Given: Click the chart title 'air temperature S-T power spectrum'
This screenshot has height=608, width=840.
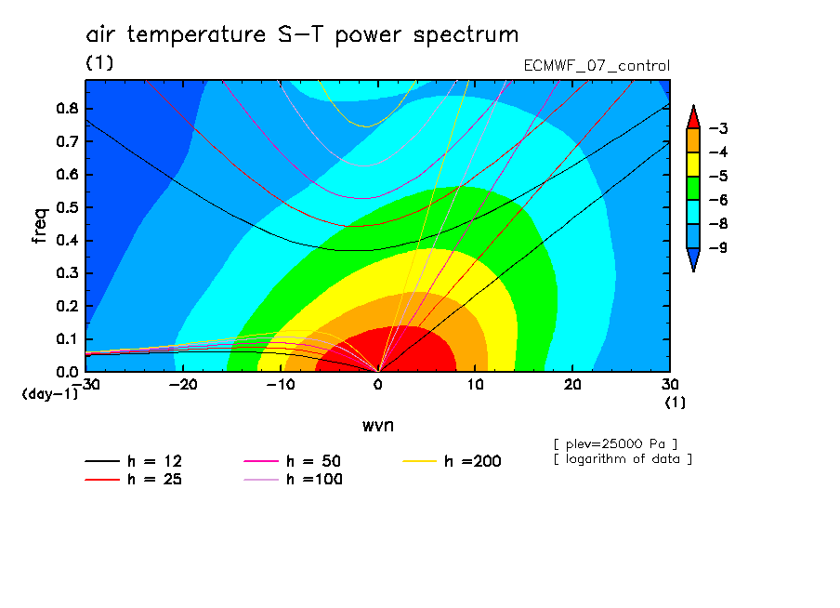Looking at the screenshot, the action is [302, 34].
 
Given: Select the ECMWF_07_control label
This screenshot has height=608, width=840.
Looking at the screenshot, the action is [597, 66].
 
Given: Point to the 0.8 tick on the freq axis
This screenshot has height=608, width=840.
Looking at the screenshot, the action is [68, 108].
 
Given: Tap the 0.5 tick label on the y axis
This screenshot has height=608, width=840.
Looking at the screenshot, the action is [68, 207].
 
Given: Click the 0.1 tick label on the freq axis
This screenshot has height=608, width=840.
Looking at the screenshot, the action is [68, 339].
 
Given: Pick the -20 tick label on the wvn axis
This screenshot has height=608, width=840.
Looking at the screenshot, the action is [183, 385].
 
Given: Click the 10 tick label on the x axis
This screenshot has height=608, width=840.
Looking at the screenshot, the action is [475, 385].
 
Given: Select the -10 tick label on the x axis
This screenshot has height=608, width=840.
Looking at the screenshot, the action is [281, 385].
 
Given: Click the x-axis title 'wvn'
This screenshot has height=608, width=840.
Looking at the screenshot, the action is [378, 426].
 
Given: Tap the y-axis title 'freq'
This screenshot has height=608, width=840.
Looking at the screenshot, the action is [40, 226].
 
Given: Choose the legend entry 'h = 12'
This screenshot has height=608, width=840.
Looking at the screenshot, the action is [134, 461].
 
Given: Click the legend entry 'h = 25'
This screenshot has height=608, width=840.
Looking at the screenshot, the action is [134, 480].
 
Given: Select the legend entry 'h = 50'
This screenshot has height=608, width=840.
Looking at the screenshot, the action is [293, 461].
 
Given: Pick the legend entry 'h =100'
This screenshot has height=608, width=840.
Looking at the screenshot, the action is [293, 480].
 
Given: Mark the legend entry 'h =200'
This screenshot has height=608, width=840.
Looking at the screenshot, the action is [453, 461].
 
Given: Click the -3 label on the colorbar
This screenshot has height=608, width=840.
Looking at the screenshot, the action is [718, 128].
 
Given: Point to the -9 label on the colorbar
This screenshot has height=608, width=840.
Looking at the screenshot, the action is [718, 247].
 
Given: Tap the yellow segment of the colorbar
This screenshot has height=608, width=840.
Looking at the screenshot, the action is [693, 164].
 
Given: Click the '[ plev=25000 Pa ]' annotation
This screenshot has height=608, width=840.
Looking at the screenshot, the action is [615, 444].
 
